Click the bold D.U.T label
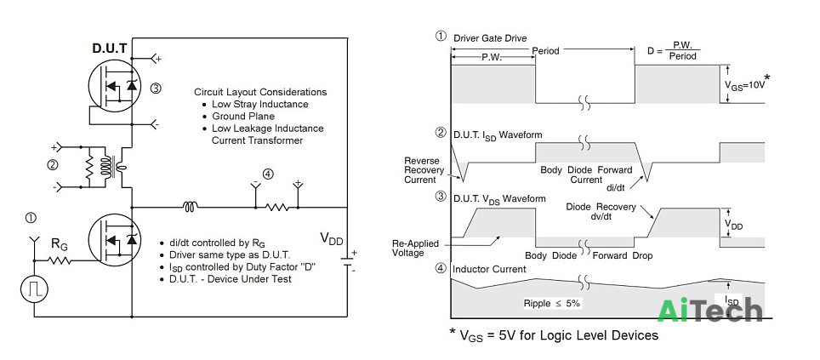coord(109,49)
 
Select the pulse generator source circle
coord(35,289)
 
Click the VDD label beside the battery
coord(332,240)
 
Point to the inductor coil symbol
coord(190,208)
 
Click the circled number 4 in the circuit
coord(268,174)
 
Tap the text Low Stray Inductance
coord(260,104)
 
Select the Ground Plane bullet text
coord(242,116)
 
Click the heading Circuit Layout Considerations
coord(260,92)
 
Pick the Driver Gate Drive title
coord(490,38)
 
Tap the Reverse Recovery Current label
coord(424,170)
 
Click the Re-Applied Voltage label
coord(416,248)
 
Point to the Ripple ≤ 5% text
coord(552,303)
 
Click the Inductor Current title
coord(489,269)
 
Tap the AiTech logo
coord(709,311)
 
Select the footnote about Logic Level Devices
coord(553,334)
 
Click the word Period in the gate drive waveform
coord(545,51)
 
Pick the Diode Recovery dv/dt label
coord(601,211)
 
